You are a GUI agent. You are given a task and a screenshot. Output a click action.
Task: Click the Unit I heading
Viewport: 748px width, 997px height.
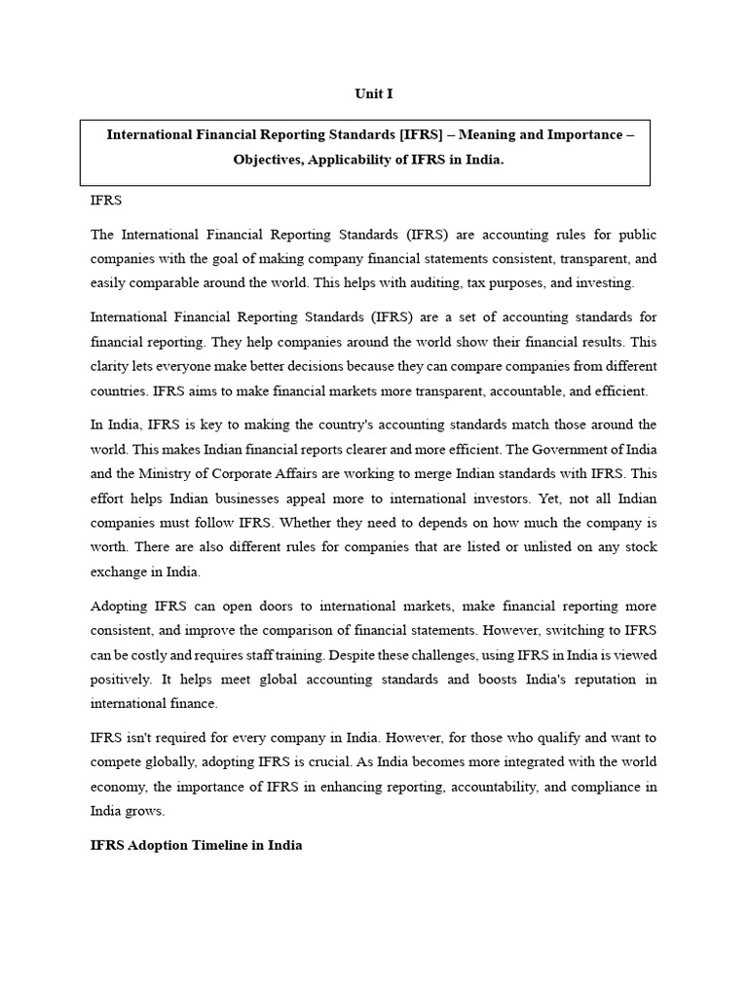coord(373,94)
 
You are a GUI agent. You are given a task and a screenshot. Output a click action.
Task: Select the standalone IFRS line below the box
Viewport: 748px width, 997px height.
coord(106,200)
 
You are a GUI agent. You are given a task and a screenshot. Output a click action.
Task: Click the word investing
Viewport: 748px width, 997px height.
coord(604,283)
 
